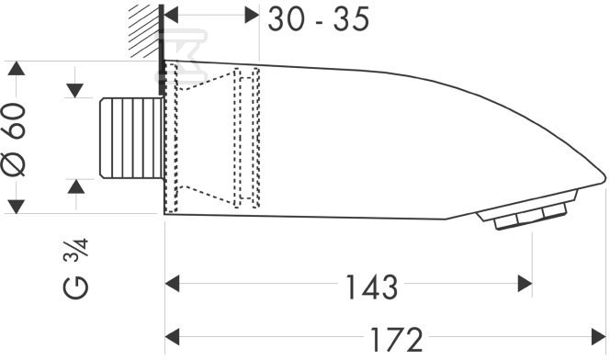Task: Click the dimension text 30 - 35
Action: (319, 19)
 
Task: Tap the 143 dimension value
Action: (371, 287)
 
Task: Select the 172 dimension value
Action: (396, 340)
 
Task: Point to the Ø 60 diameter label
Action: (16, 139)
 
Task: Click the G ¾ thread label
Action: (76, 269)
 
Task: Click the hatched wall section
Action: (144, 31)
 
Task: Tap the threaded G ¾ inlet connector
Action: (131, 139)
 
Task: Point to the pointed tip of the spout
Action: (604, 177)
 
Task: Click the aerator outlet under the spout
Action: (526, 212)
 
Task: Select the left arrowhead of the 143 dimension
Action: (172, 284)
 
